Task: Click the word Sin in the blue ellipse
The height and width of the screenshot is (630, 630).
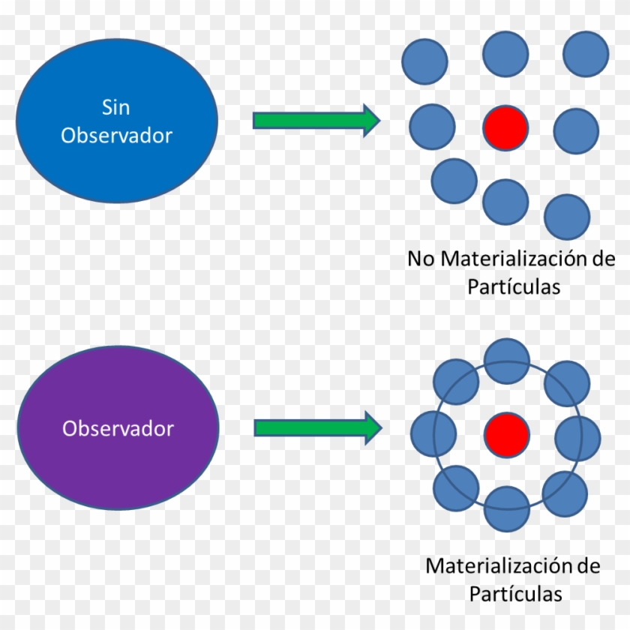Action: click(115, 107)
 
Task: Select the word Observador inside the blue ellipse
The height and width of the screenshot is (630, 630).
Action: click(116, 135)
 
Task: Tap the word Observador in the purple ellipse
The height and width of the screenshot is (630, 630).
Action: click(118, 429)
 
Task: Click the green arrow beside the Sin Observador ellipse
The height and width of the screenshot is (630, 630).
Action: click(316, 120)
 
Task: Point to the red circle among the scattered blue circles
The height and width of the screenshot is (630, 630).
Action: click(505, 127)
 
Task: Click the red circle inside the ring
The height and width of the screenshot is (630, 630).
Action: click(506, 434)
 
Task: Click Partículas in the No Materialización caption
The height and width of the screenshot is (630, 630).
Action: click(514, 286)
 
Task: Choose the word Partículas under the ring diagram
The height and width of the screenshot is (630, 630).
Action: click(515, 593)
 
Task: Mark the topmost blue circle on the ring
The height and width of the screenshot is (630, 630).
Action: click(507, 361)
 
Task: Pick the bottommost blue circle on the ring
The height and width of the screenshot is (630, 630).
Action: click(507, 508)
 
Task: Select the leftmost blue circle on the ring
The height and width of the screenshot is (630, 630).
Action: click(433, 434)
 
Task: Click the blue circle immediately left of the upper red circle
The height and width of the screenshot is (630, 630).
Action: click(433, 125)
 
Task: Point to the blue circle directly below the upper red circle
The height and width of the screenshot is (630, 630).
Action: click(505, 202)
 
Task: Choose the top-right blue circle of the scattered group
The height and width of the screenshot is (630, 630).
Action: click(585, 54)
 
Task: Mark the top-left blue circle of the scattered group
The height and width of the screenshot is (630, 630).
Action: click(424, 61)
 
